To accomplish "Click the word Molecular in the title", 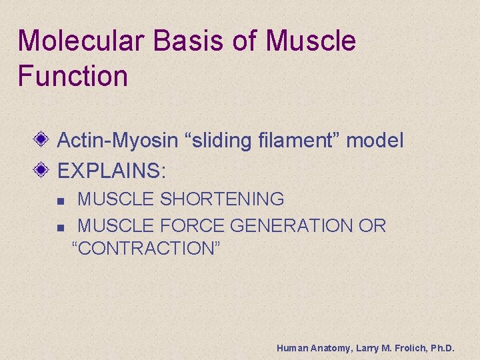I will [80, 41].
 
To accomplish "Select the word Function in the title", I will [73, 75].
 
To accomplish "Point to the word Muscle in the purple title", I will [311, 41].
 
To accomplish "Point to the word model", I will [375, 141].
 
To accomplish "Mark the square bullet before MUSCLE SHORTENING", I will [60, 200].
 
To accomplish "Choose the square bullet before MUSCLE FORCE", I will [60, 227].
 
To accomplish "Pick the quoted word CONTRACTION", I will [146, 249].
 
